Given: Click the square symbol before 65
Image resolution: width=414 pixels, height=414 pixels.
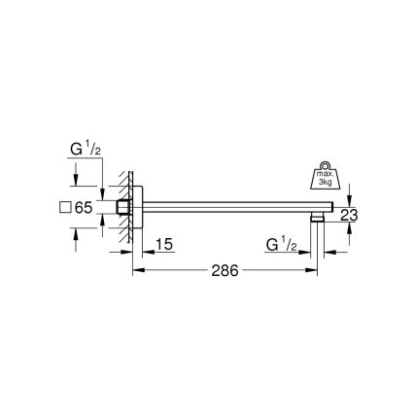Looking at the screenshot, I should point(65,207).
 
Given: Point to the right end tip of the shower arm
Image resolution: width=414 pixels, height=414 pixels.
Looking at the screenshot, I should point(335,208).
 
